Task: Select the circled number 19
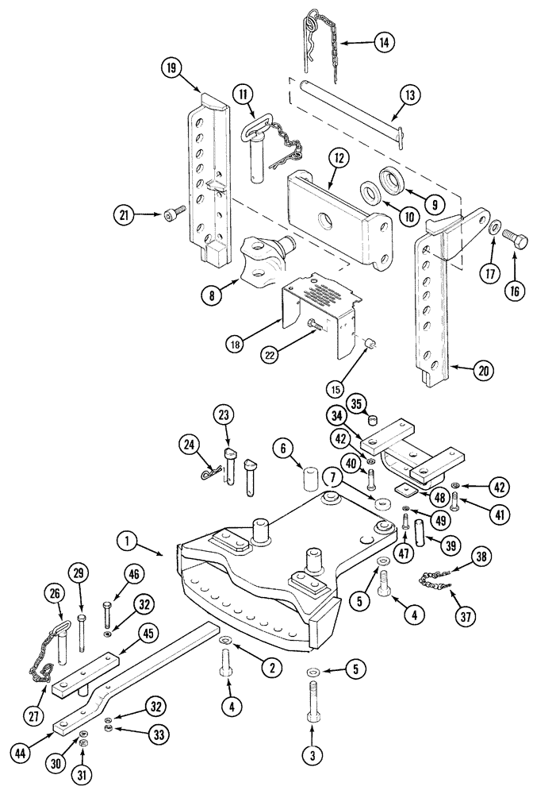click(169, 69)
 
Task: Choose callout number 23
click(224, 414)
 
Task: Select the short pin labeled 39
click(421, 549)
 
